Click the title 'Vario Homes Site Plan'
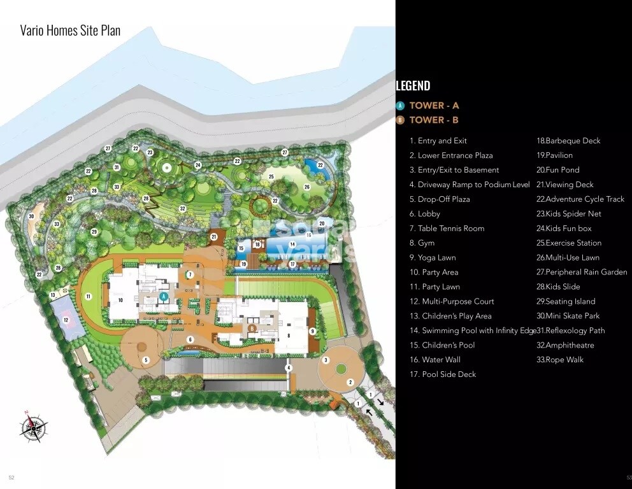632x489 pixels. click(x=70, y=31)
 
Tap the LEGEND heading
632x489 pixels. click(x=413, y=86)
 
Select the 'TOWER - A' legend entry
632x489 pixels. click(x=434, y=106)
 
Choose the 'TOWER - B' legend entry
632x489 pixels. click(x=434, y=120)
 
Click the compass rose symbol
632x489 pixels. click(x=32, y=427)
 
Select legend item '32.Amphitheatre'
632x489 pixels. click(x=565, y=345)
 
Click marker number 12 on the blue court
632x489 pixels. click(x=66, y=320)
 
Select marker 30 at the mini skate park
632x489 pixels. click(x=31, y=216)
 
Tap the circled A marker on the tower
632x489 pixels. click(x=164, y=296)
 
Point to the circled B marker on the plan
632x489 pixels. click(x=252, y=329)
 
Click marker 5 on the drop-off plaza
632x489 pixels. click(x=146, y=360)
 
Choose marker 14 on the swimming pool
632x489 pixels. click(x=292, y=244)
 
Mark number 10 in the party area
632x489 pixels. click(x=120, y=300)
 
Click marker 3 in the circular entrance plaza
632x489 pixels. click(x=326, y=360)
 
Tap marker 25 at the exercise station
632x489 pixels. click(x=271, y=176)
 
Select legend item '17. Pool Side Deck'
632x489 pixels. click(x=443, y=374)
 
